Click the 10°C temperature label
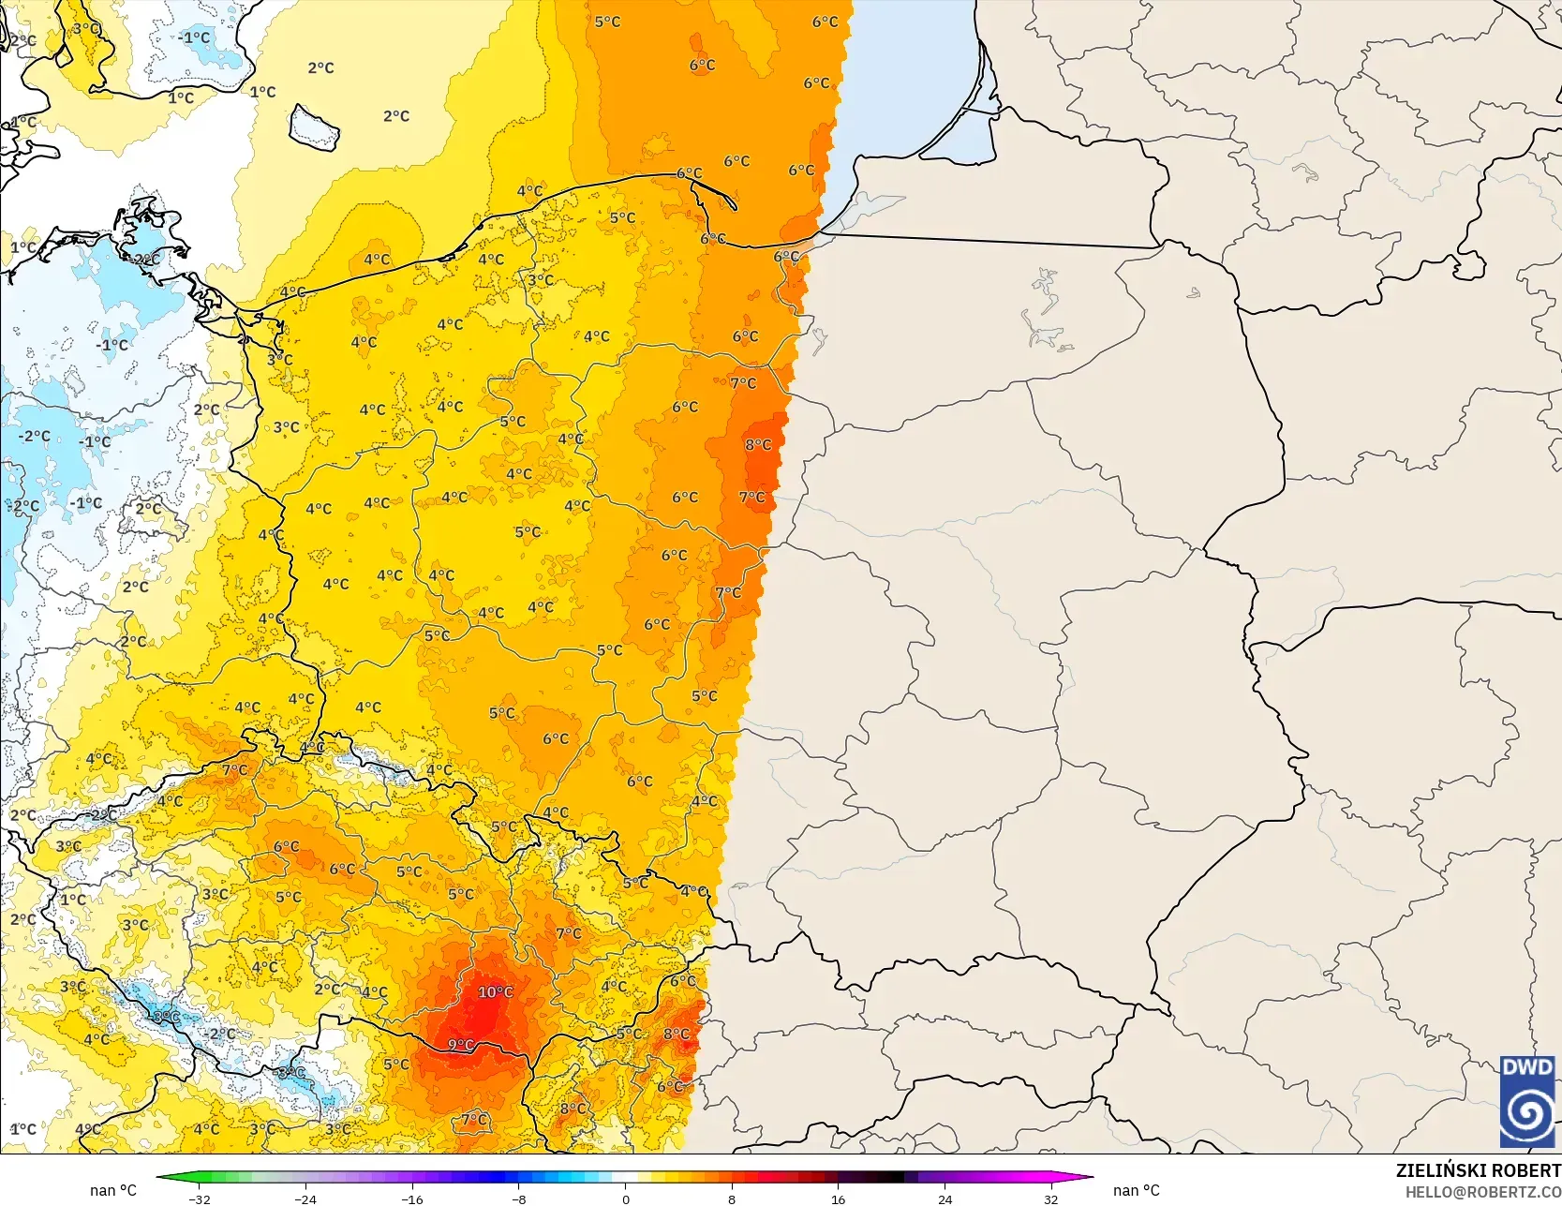point(495,991)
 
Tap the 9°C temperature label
point(460,1045)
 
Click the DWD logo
point(1527,1101)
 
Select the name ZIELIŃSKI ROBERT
point(1478,1170)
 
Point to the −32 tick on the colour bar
point(200,1199)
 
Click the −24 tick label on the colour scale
point(305,1199)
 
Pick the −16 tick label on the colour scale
point(412,1199)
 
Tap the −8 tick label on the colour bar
point(519,1199)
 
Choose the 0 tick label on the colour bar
point(626,1199)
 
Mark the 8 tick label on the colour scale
point(732,1199)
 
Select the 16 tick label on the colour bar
point(839,1199)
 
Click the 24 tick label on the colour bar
point(945,1199)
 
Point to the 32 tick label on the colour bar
point(1051,1199)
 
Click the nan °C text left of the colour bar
point(113,1190)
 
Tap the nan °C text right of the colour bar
point(1136,1190)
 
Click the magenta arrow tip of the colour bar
point(1087,1177)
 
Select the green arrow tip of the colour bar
point(162,1177)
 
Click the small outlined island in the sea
point(314,127)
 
